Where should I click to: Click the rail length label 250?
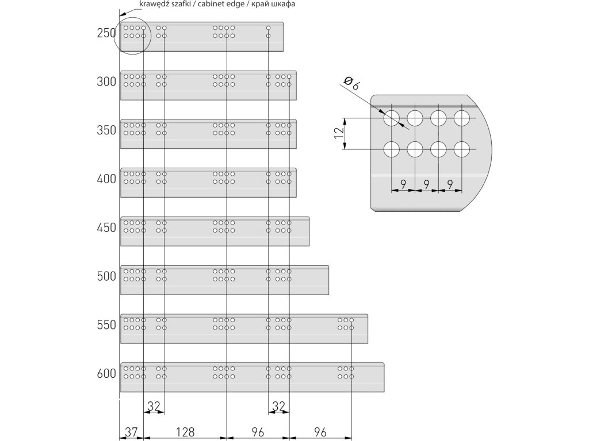pos(106,33)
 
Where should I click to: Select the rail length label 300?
pos(106,82)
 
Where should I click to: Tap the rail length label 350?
pos(106,130)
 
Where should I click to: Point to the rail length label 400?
pos(106,179)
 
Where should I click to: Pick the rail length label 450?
pos(106,228)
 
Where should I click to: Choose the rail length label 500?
pos(106,276)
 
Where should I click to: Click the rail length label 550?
pos(106,325)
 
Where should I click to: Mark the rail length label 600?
pos(106,374)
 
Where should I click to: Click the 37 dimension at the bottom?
pos(131,431)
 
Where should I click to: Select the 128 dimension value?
pos(185,431)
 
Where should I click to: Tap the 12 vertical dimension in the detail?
pos(339,133)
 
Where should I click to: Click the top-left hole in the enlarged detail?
pos(391,118)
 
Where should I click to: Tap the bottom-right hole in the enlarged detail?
pos(461,149)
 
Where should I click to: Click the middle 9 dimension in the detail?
pos(426,184)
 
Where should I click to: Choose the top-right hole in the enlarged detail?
pos(461,118)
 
